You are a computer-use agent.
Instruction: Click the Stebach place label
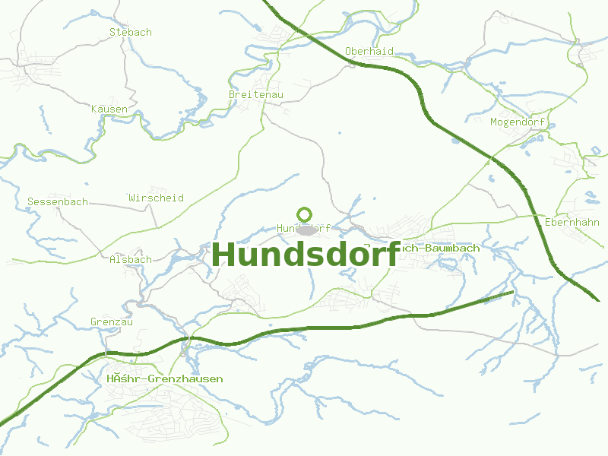point(131,33)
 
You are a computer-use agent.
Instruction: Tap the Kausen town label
point(109,109)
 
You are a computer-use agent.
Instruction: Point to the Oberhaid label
point(369,51)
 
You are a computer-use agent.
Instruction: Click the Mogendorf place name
point(518,122)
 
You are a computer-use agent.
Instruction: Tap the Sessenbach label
point(58,202)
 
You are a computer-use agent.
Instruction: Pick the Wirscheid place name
point(157,198)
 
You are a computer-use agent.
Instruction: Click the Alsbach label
point(131,259)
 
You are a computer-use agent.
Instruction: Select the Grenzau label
point(112,322)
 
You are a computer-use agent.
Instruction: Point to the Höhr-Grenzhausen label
point(166,378)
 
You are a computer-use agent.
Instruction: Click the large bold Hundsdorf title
point(306,255)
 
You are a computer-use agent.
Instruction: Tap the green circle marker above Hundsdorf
point(305,214)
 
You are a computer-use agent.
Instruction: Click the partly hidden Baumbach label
point(439,249)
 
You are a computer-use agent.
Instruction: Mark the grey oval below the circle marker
point(306,230)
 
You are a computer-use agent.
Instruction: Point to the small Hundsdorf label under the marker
point(304,228)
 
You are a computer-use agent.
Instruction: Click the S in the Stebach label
point(112,33)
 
